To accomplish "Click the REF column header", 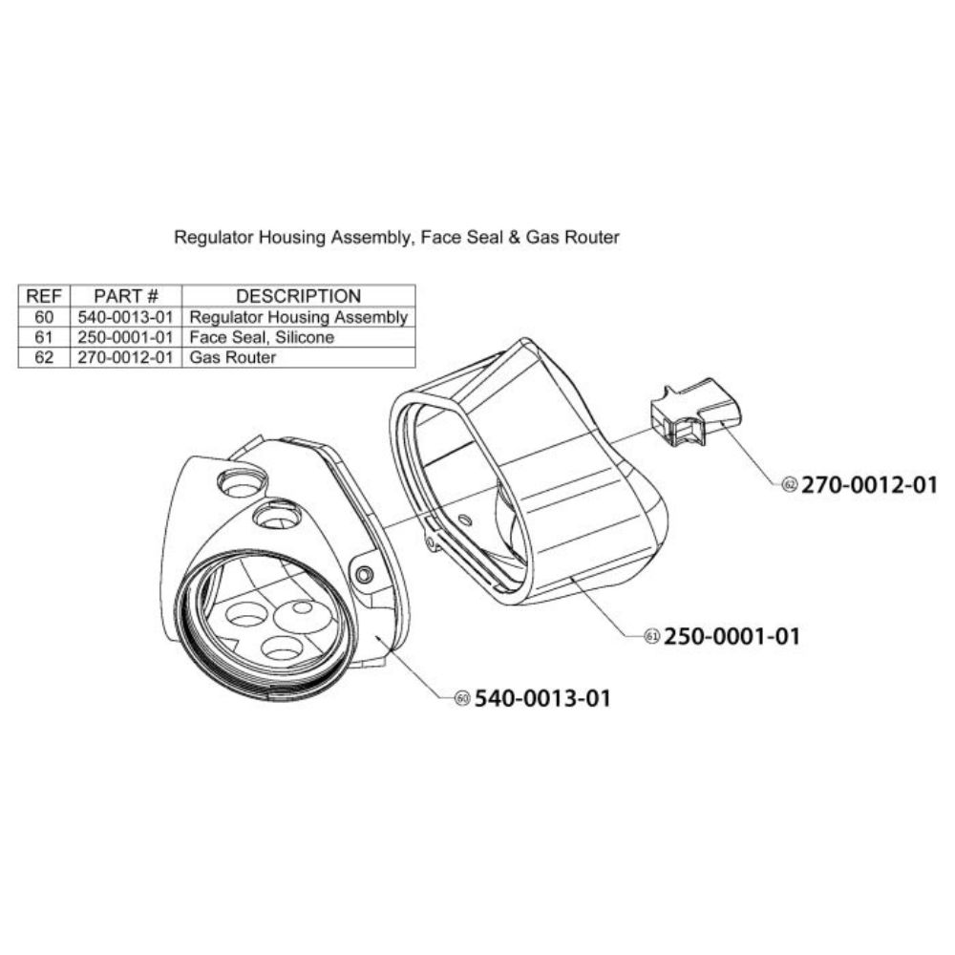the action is click(x=44, y=296).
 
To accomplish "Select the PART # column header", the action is click(x=126, y=296).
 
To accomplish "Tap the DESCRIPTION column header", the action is click(x=298, y=296).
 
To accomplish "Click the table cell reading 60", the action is click(x=44, y=317).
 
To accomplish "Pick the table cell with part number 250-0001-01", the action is click(x=125, y=337).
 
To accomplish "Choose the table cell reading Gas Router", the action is click(x=233, y=357).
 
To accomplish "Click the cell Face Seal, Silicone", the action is click(x=262, y=337).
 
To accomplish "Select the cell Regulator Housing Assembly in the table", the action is click(x=298, y=317).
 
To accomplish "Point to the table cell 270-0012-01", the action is click(x=125, y=357).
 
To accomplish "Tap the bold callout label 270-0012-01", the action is click(x=869, y=485).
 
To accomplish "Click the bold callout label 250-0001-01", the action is click(x=732, y=636).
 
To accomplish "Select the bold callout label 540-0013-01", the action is click(x=542, y=698).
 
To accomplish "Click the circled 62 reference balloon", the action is click(x=790, y=485).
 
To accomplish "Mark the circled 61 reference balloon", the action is click(x=652, y=636).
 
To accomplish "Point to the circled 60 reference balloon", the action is click(x=463, y=698).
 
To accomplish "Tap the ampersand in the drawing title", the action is click(x=515, y=237).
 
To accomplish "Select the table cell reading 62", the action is click(x=44, y=357).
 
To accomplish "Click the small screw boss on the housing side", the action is click(x=364, y=574).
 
